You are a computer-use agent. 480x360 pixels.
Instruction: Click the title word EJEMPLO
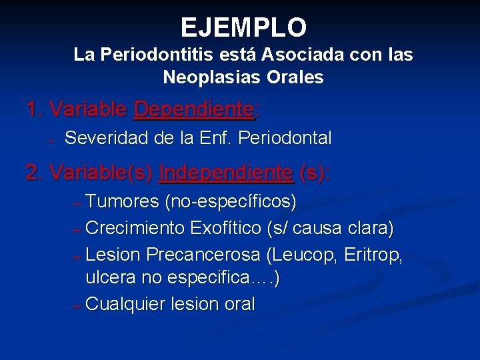click(243, 28)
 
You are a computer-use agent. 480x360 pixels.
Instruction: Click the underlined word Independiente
click(226, 173)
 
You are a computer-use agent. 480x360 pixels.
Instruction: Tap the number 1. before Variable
click(35, 109)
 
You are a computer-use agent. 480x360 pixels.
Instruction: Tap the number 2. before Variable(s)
click(35, 173)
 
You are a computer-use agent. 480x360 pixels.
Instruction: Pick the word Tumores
click(123, 201)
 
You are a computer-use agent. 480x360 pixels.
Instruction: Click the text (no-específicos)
click(231, 201)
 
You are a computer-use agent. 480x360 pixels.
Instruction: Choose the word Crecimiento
click(135, 228)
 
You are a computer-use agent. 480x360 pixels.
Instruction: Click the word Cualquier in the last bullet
click(126, 305)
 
